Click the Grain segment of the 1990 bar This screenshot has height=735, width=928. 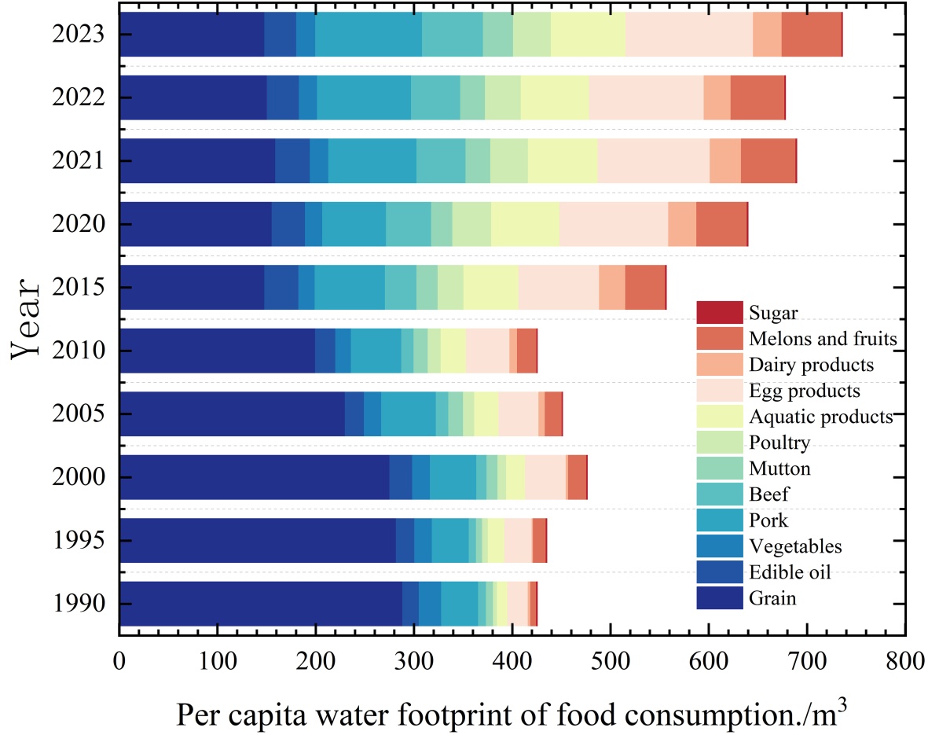260,604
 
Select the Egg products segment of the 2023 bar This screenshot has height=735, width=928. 688,35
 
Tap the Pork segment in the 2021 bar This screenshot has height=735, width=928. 372,161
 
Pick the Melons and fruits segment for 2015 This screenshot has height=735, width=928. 644,288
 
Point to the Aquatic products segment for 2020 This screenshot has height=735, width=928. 525,224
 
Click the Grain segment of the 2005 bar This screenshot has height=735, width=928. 232,413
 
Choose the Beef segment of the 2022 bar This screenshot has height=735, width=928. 435,98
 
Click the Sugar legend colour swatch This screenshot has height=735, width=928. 719,313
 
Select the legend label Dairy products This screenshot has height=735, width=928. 810,365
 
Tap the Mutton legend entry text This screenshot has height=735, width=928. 779,469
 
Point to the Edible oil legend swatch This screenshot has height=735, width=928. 719,572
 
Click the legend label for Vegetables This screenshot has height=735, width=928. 795,546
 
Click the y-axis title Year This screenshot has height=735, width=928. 30,318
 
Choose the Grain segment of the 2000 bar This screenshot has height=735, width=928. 254,477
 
